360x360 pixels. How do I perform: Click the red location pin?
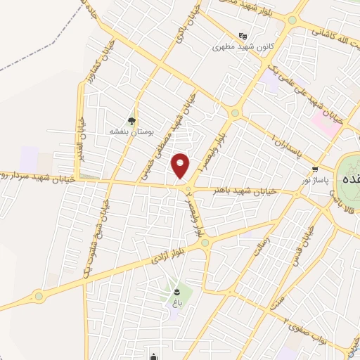click(x=181, y=165)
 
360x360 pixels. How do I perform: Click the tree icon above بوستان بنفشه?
click(x=132, y=120)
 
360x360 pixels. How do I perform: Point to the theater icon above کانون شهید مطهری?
click(x=243, y=36)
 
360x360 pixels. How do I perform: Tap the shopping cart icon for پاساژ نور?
click(x=316, y=169)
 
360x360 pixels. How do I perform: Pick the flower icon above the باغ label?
click(x=177, y=290)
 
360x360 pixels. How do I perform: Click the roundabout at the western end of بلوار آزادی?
click(x=39, y=296)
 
